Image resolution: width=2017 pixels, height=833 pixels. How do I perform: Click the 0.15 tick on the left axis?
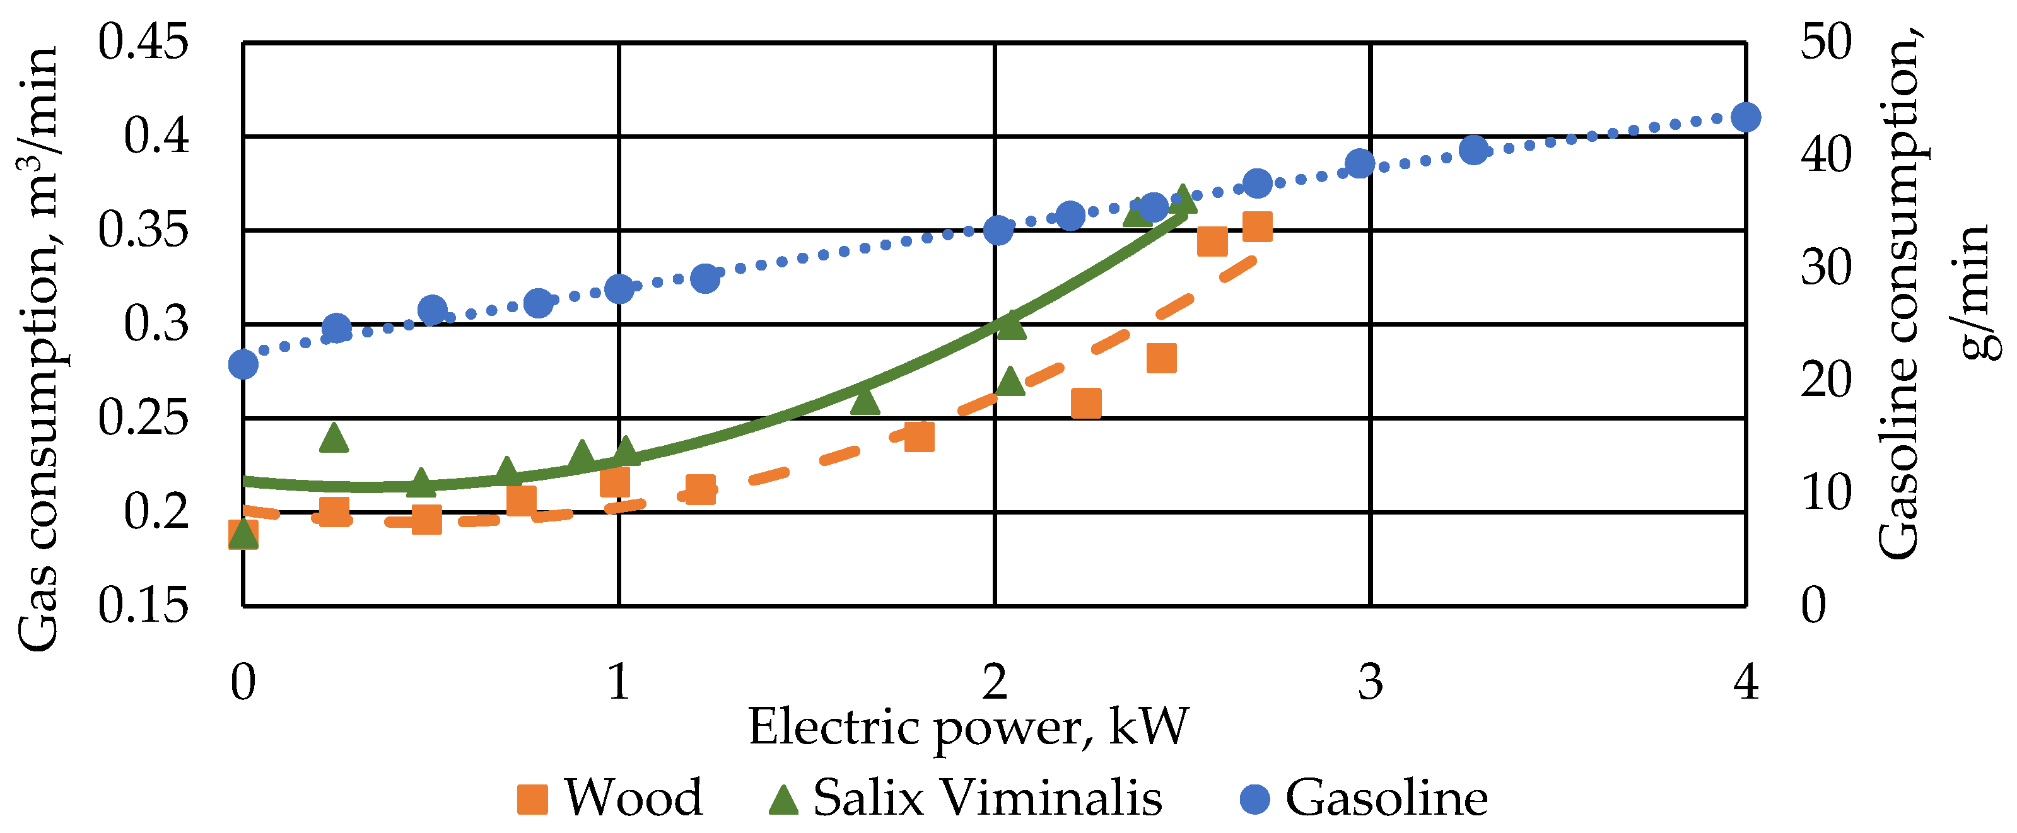(x=143, y=605)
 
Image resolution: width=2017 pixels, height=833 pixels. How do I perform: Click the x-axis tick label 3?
(x=1371, y=681)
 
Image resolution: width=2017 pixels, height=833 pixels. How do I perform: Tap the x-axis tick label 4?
(x=1746, y=681)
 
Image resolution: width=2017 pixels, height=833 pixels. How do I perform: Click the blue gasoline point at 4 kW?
(x=1746, y=117)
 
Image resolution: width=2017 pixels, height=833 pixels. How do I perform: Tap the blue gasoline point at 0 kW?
(x=243, y=364)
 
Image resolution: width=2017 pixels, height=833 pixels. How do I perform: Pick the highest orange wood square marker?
(x=1258, y=226)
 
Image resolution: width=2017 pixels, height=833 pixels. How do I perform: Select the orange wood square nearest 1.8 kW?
(x=919, y=437)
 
